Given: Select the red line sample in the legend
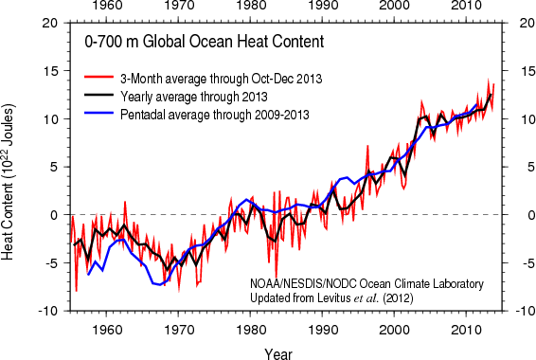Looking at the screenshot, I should tap(98, 79).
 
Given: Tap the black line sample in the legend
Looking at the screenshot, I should tap(98, 97).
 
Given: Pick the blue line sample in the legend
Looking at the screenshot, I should tap(98, 115).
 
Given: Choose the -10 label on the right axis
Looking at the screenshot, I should tap(518, 311).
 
